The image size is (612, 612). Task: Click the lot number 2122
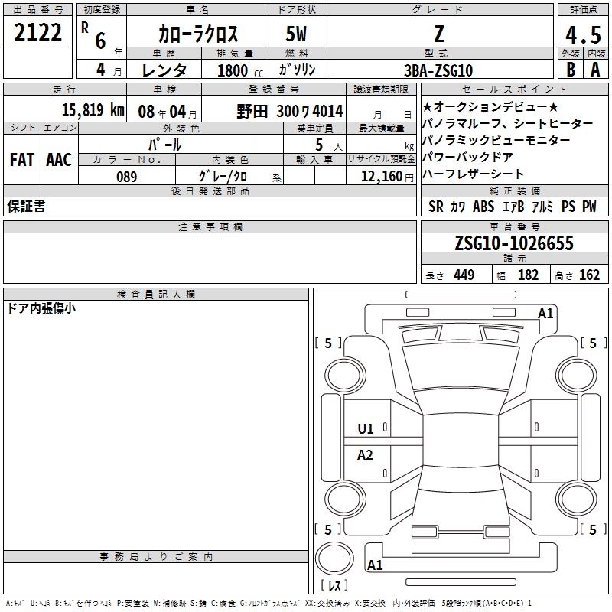coord(37,32)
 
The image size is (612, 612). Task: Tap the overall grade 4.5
coord(583,34)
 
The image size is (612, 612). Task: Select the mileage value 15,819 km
coord(93,110)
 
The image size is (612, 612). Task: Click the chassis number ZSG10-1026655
coord(514,243)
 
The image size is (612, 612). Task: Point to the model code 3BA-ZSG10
coord(438,70)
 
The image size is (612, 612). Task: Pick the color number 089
coord(127,177)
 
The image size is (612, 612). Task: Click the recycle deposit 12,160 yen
coord(387,177)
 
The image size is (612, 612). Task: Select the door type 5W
coord(296,34)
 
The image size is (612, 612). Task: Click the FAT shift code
coord(22,160)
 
